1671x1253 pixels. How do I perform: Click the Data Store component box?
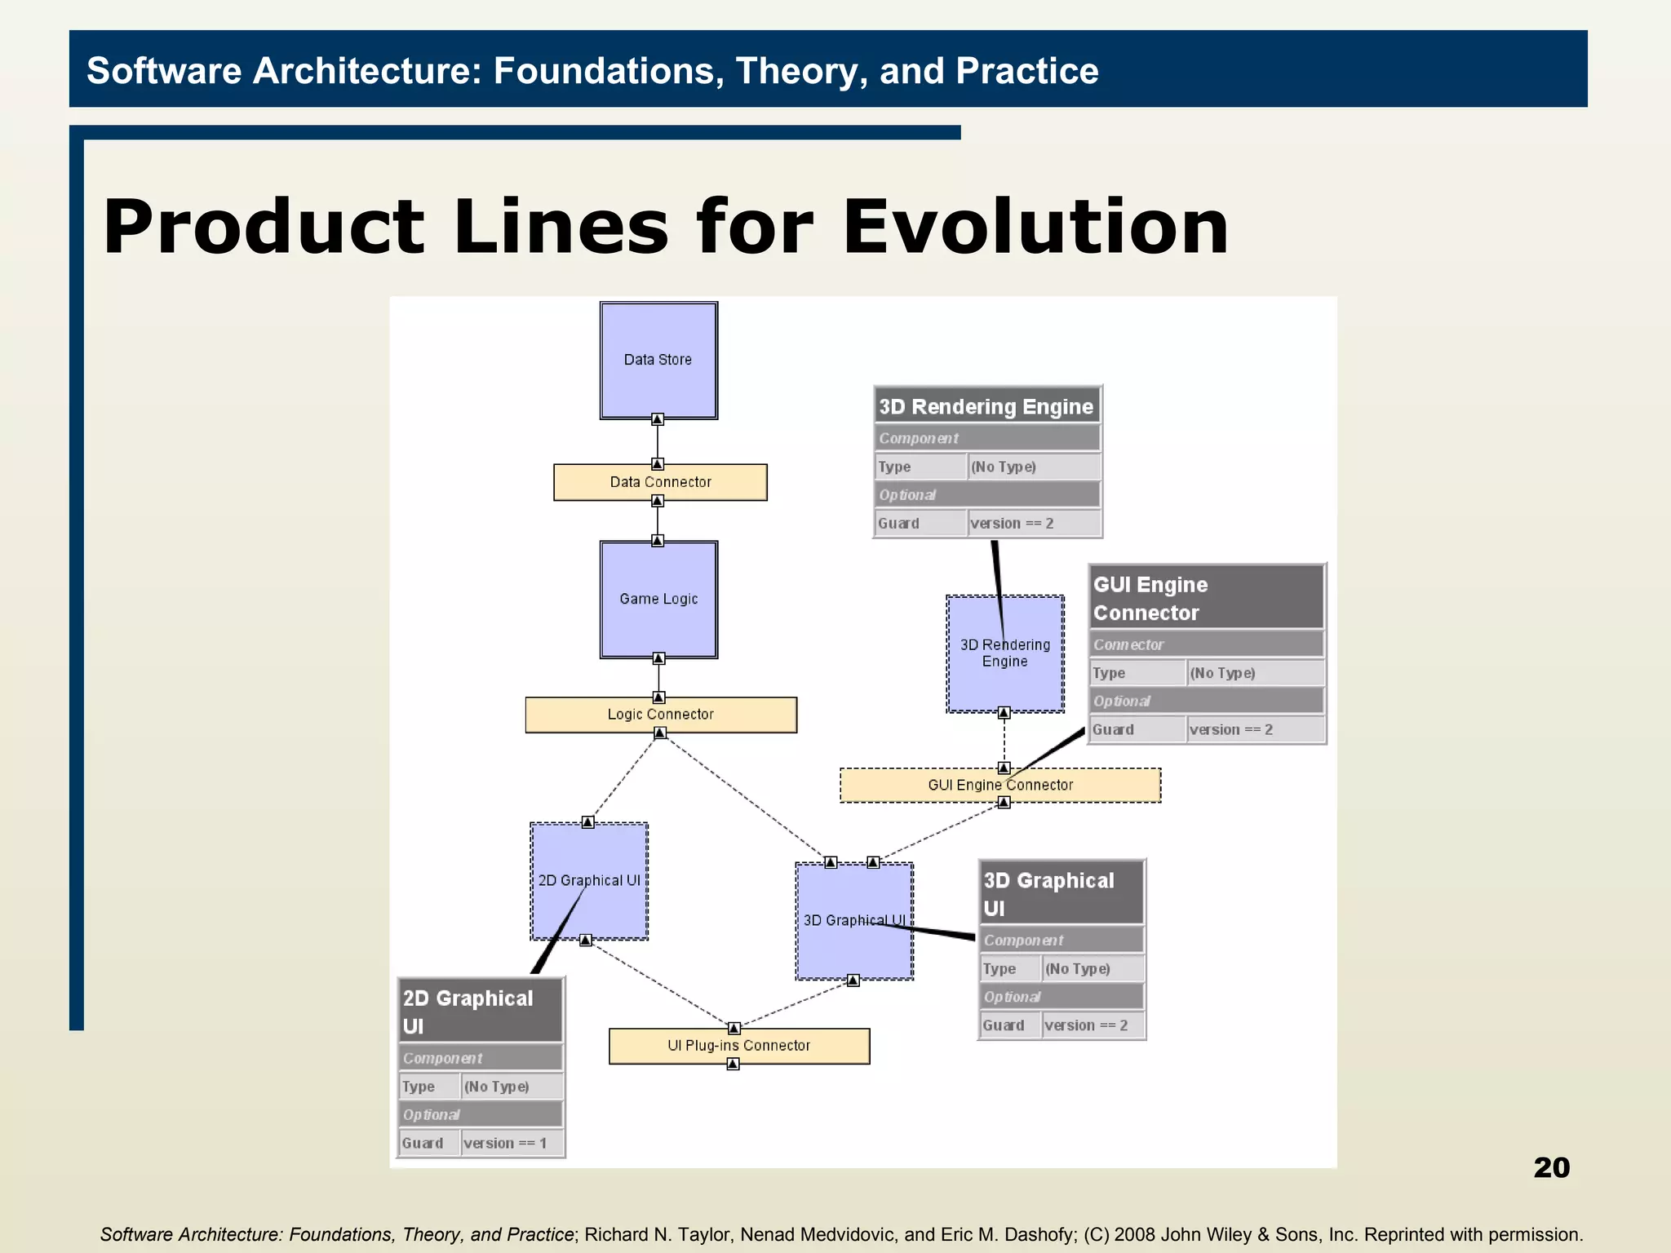pyautogui.click(x=658, y=361)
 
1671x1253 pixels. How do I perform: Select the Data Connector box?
pyautogui.click(x=660, y=482)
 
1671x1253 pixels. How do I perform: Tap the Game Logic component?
pyautogui.click(x=658, y=599)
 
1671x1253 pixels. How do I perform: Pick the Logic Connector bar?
pyautogui.click(x=660, y=715)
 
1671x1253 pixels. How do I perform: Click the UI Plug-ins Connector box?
pyautogui.click(x=738, y=1046)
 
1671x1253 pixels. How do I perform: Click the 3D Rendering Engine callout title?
pyautogui.click(x=986, y=406)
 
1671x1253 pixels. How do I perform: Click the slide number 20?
pyautogui.click(x=1551, y=1167)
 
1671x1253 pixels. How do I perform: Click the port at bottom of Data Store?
pyautogui.click(x=658, y=419)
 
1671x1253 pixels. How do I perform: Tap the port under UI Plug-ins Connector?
pyautogui.click(x=733, y=1064)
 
